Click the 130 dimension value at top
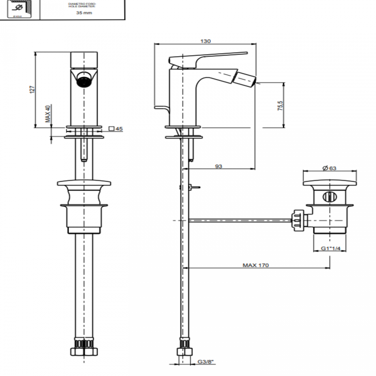point(205,41)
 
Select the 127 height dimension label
point(32,89)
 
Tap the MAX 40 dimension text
point(48,114)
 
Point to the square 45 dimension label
point(116,129)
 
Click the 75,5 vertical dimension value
point(280,106)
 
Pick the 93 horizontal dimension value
point(219,166)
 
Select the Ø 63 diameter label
point(329,168)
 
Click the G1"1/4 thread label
point(330,248)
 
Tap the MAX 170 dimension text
point(256,265)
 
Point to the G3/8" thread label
point(205,362)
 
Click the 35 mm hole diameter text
point(84,13)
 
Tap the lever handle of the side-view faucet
point(208,58)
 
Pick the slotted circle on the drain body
point(330,197)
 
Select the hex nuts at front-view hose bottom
point(84,351)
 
